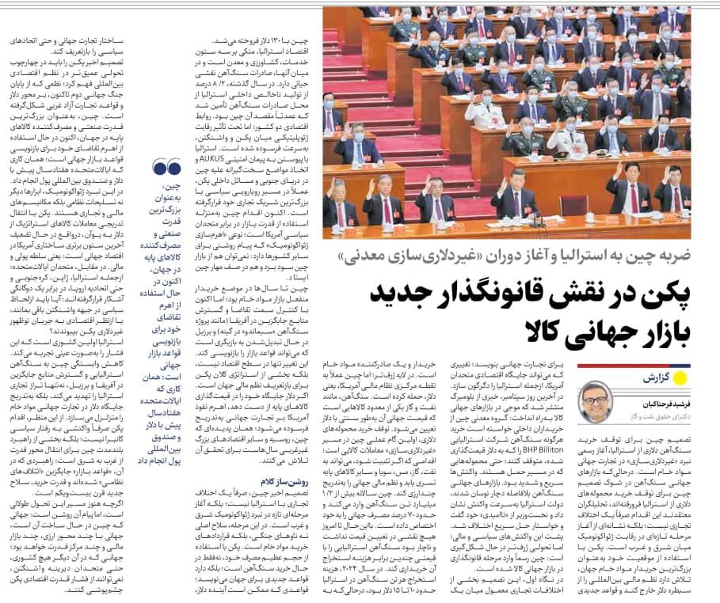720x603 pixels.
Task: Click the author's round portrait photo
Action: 595,402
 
